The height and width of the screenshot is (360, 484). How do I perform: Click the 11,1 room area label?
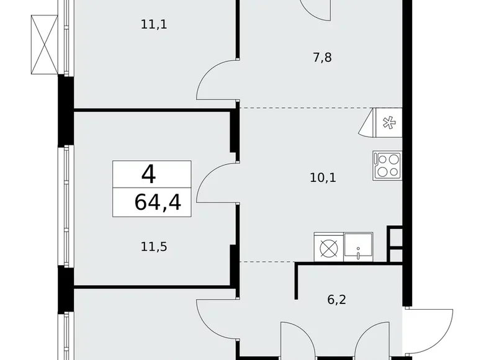pyautogui.click(x=155, y=25)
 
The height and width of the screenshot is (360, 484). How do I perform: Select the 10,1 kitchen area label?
pyautogui.click(x=323, y=178)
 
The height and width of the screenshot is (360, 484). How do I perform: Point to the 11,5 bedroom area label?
pyautogui.click(x=155, y=246)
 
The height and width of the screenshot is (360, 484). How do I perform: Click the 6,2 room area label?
pyautogui.click(x=337, y=299)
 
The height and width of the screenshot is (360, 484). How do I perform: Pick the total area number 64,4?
pyautogui.click(x=157, y=202)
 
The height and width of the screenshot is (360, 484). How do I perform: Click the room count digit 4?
pyautogui.click(x=148, y=174)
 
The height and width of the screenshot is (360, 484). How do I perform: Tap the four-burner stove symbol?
pyautogui.click(x=387, y=165)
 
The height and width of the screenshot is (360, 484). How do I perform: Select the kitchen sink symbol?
pyautogui.click(x=359, y=246)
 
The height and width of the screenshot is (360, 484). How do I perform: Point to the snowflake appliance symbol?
pyautogui.click(x=388, y=123)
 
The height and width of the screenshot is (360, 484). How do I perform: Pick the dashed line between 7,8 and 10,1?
pyautogui.click(x=304, y=108)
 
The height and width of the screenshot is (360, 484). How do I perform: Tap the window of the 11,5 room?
pyautogui.click(x=66, y=205)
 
